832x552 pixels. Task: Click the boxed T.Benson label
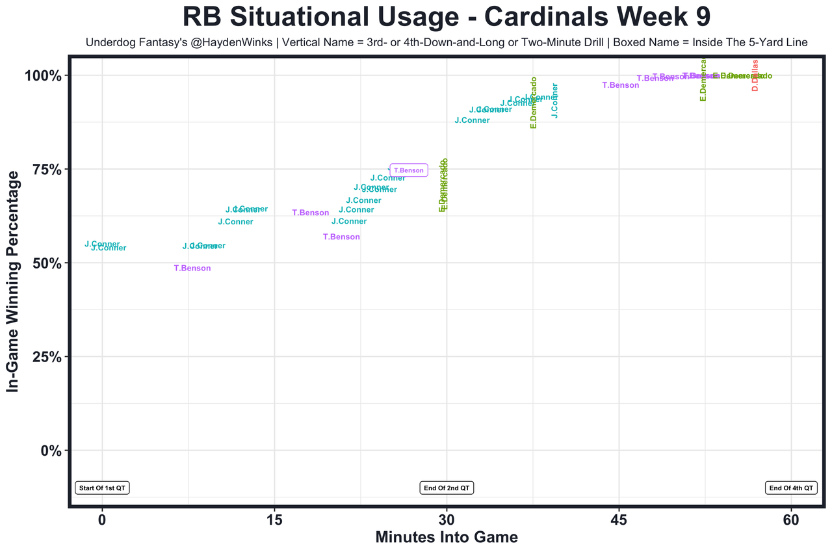(408, 170)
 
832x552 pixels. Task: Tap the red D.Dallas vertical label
(755, 75)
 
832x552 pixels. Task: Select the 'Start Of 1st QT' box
(102, 488)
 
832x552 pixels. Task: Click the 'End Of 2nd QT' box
(447, 488)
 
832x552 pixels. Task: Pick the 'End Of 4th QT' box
(791, 488)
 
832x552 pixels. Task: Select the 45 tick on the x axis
(619, 520)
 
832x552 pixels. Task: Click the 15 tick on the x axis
(274, 520)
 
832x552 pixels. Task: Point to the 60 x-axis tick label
(791, 520)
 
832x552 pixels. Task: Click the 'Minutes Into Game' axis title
(447, 538)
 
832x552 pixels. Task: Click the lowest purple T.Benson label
(192, 268)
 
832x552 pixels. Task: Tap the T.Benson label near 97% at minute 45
(620, 85)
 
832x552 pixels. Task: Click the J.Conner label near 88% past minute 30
(472, 120)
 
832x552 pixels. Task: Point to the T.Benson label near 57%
(341, 237)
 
